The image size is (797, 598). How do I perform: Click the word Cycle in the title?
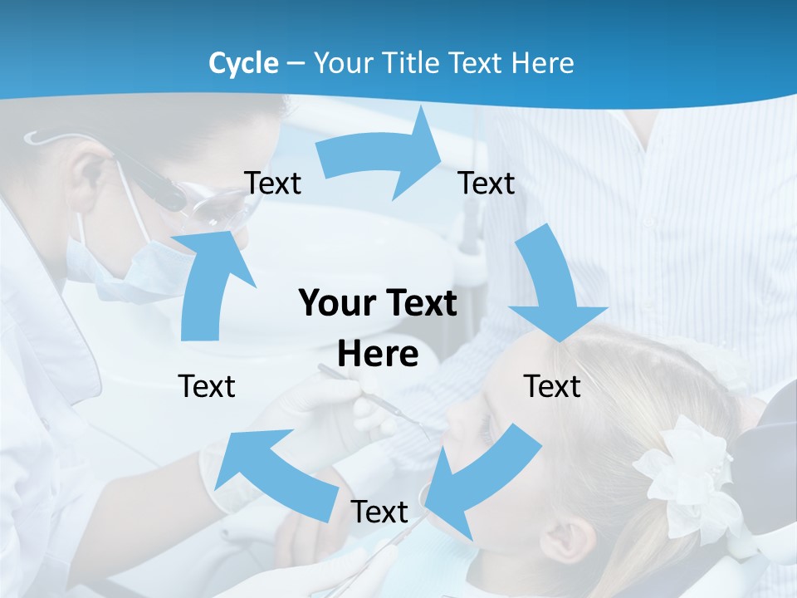coord(243,63)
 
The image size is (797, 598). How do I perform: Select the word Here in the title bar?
coord(542,63)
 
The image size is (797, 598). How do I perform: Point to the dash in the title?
coord(296,64)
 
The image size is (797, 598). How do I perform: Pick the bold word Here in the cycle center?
coord(378,354)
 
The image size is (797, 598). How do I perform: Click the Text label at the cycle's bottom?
coord(379,512)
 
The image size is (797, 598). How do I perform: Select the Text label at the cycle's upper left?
coord(273,183)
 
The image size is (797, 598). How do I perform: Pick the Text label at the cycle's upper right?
coord(487,183)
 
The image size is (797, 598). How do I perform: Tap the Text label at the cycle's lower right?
coord(552,386)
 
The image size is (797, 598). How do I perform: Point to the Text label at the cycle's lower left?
coord(207,386)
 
